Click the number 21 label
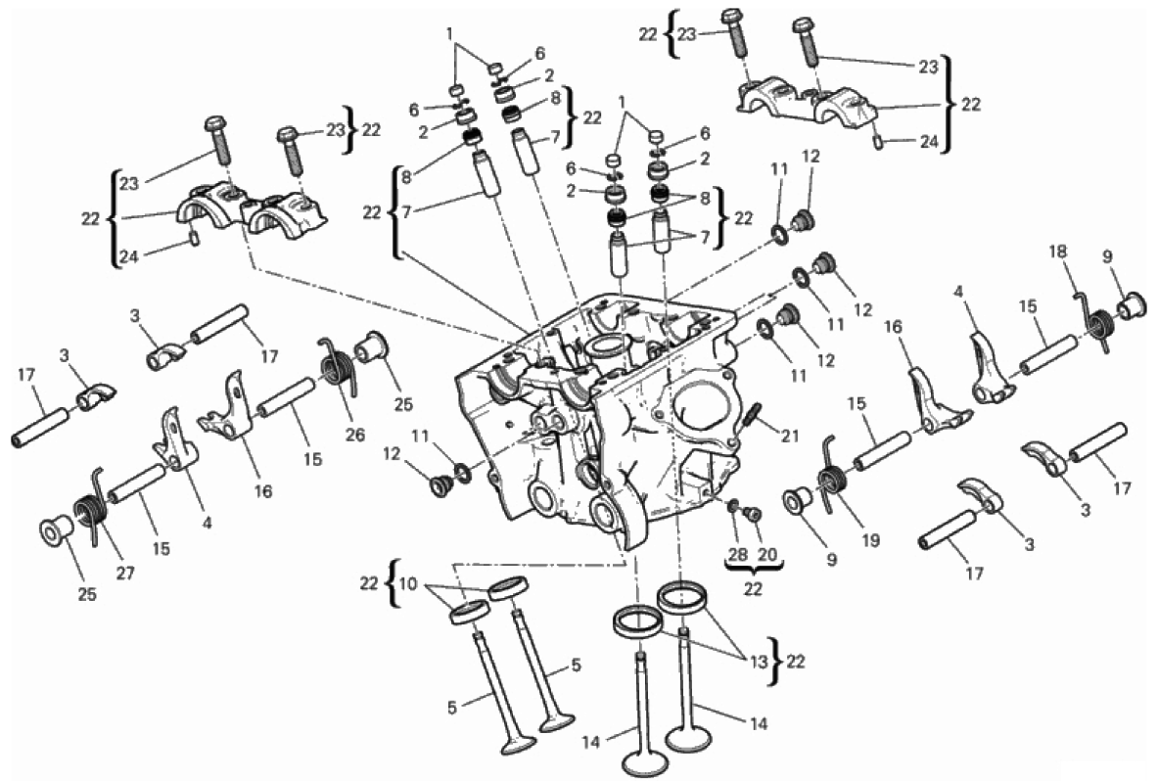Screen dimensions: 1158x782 790,437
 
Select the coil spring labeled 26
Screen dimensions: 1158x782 339,366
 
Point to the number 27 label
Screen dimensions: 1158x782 125,572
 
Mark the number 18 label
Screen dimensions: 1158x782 1058,252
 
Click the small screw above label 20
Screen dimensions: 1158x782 752,514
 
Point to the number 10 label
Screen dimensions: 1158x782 408,584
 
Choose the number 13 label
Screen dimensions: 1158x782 759,662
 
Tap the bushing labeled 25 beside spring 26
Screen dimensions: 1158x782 375,347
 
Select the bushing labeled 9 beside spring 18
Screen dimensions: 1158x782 1131,304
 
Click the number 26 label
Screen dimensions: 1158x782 354,435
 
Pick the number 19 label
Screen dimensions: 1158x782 871,540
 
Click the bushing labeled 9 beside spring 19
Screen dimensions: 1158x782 799,501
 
